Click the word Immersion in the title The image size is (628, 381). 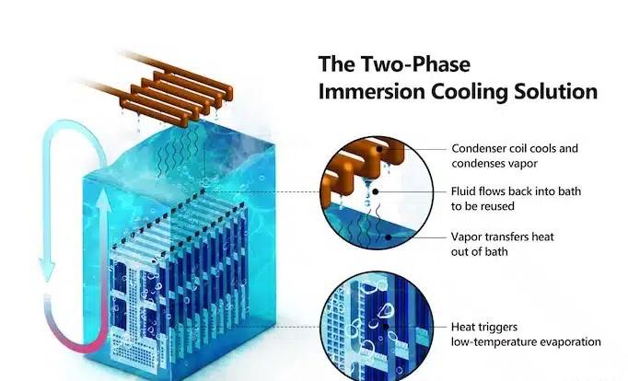(x=364, y=92)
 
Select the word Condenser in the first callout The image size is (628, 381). (x=478, y=148)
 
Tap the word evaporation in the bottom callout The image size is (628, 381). (x=567, y=341)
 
